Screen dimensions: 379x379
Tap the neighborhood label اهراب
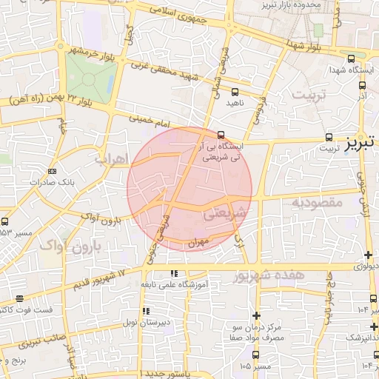[113, 158]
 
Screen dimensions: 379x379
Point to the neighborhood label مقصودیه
[315, 201]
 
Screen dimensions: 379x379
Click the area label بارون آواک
[71, 246]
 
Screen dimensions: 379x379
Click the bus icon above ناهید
[235, 93]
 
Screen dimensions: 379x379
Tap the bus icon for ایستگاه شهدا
[350, 58]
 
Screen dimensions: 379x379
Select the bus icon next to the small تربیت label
[329, 137]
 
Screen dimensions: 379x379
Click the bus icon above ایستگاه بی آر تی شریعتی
[221, 135]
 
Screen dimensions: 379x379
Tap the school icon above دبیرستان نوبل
[146, 311]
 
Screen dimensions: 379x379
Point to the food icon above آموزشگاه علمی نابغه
[175, 273]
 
